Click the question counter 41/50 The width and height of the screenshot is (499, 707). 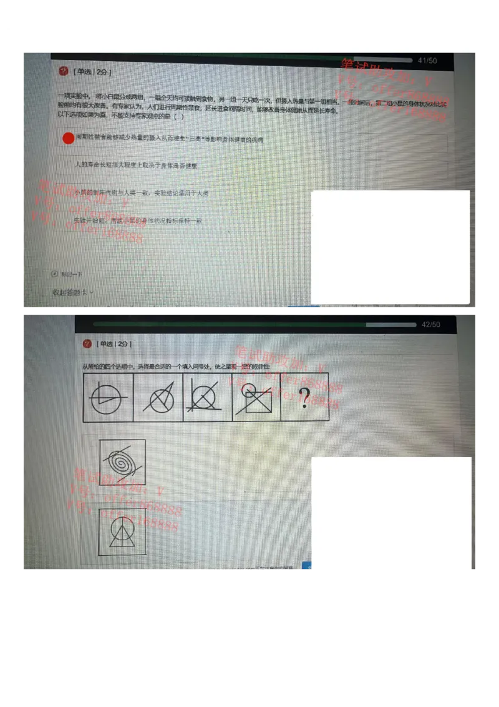(427, 61)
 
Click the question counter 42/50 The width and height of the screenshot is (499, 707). (430, 325)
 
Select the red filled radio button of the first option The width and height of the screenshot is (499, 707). (69, 139)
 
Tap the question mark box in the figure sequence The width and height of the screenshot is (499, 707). (304, 398)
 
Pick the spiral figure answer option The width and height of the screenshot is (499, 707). (123, 462)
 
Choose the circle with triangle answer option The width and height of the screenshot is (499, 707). (123, 531)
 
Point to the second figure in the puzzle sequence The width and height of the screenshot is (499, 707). (158, 398)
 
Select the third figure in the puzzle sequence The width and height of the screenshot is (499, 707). (207, 398)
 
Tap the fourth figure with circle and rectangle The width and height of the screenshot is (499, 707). (256, 398)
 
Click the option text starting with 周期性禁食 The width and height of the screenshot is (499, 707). (169, 139)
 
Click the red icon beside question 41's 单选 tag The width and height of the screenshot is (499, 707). (63, 72)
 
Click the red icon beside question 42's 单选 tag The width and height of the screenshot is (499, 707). (87, 344)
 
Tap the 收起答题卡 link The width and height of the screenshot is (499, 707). (72, 292)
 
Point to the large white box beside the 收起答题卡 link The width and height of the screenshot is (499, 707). (390, 247)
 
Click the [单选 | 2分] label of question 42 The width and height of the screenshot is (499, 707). (114, 344)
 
